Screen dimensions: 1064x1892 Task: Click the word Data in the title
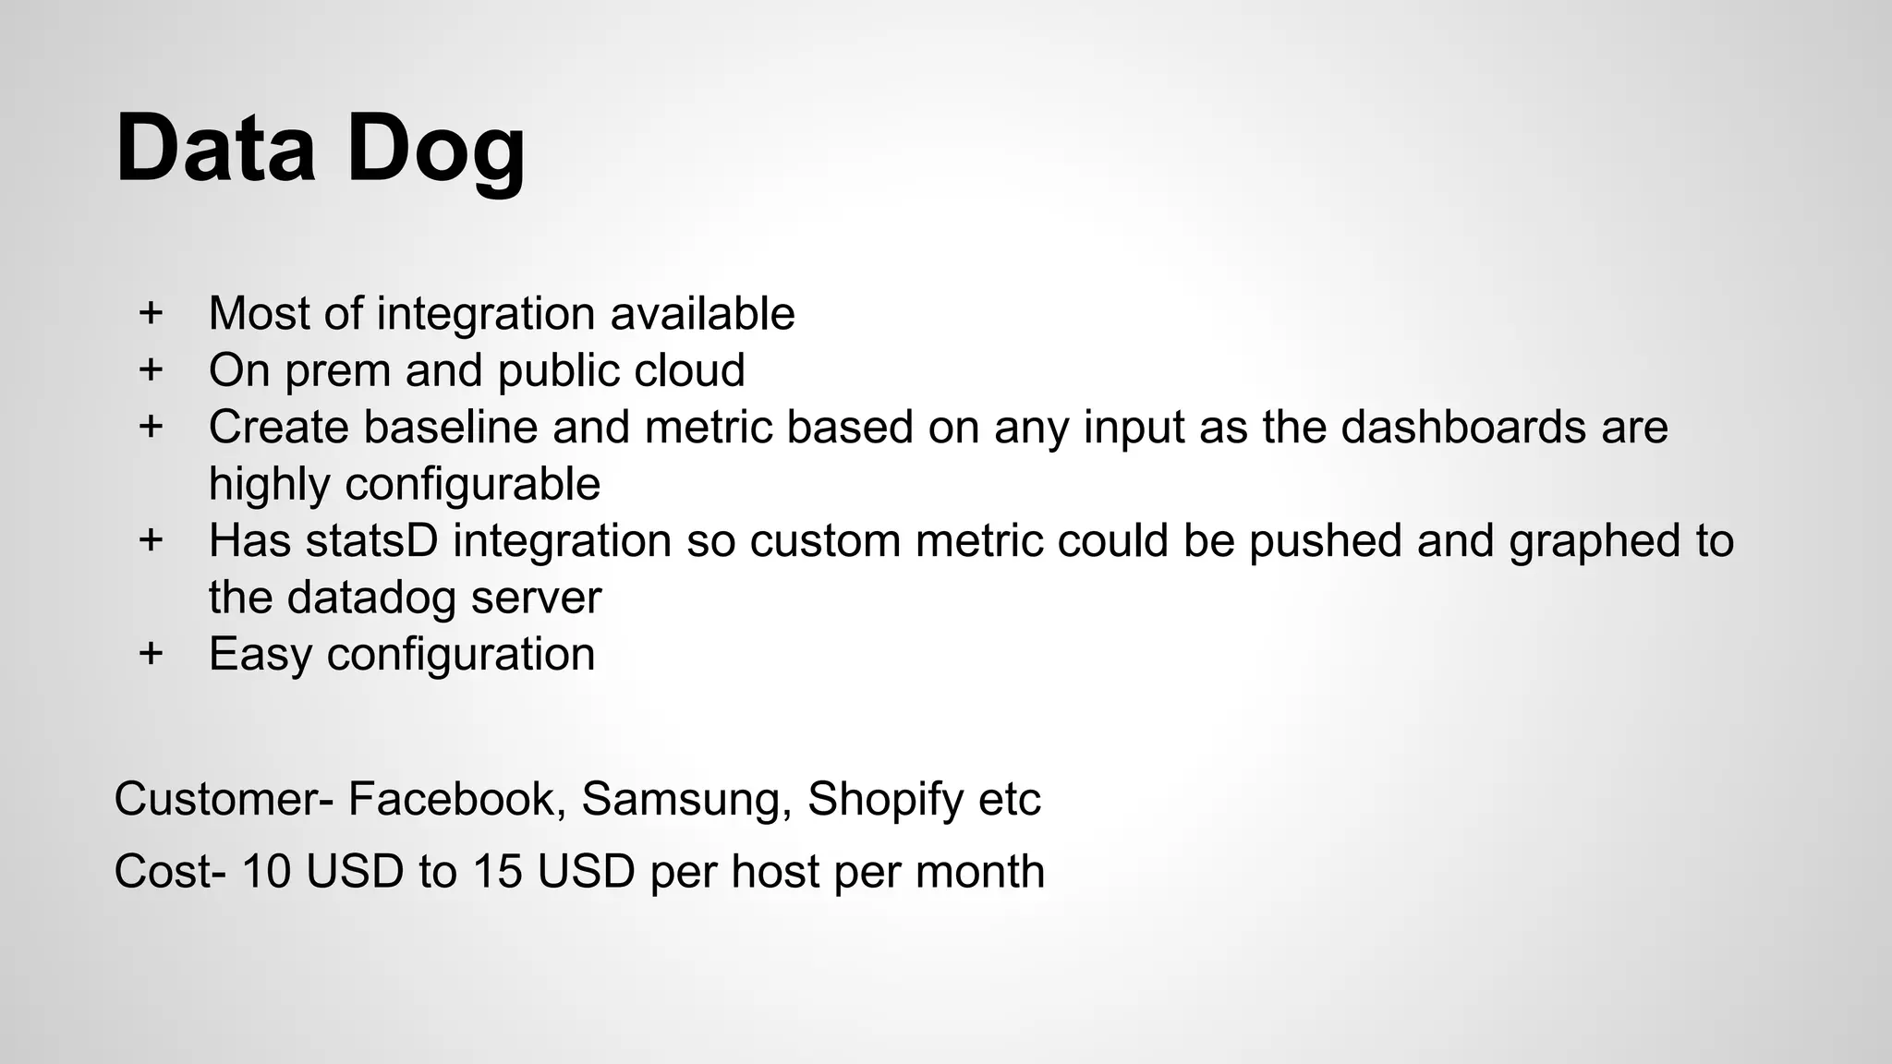(215, 148)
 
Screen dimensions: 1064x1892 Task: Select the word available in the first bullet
(702, 313)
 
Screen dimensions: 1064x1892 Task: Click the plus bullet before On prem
(151, 369)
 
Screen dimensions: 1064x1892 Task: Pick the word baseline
(450, 427)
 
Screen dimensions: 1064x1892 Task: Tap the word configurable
(472, 484)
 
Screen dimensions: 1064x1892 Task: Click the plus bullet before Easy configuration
(151, 654)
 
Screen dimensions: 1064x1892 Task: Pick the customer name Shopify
(885, 800)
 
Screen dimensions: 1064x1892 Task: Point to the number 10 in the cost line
(266, 871)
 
